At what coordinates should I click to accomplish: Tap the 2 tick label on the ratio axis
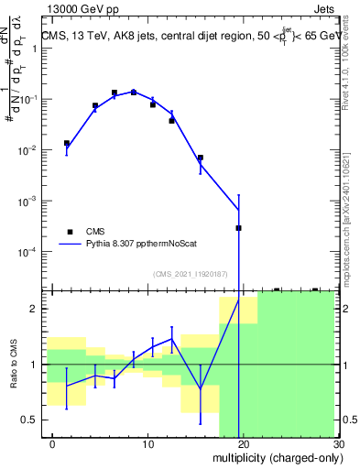pos(38,309)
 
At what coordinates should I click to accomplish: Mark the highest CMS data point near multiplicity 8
pos(134,93)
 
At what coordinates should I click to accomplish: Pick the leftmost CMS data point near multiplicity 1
pos(66,143)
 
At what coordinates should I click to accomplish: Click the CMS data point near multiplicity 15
pos(201,158)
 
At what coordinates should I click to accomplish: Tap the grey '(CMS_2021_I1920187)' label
pos(191,273)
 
